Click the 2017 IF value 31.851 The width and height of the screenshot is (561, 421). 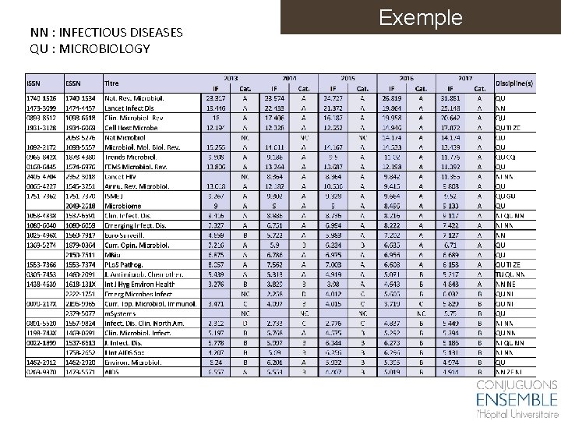(452, 98)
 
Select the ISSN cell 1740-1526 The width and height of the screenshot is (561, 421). (41, 98)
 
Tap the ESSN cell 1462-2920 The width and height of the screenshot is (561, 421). (82, 363)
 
